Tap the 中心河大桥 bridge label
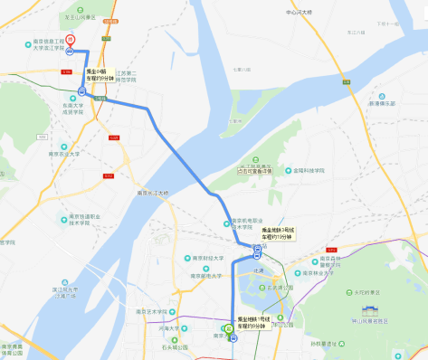300,13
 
